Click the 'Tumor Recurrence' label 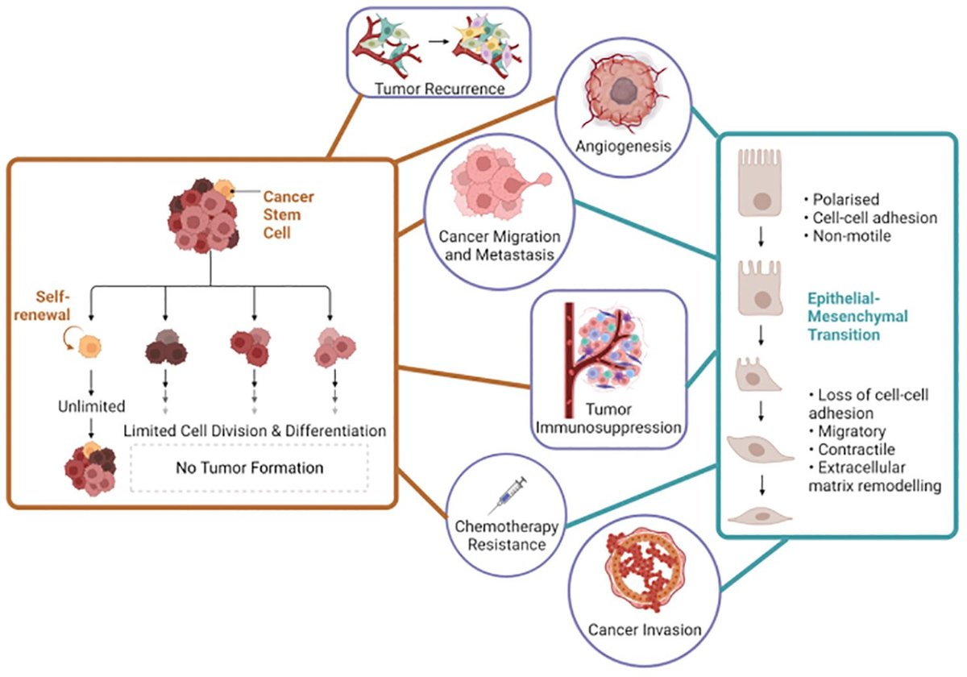click(x=439, y=88)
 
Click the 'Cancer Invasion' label click(x=633, y=629)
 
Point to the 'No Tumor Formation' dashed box click(x=249, y=467)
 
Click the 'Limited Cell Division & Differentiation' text click(x=254, y=430)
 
